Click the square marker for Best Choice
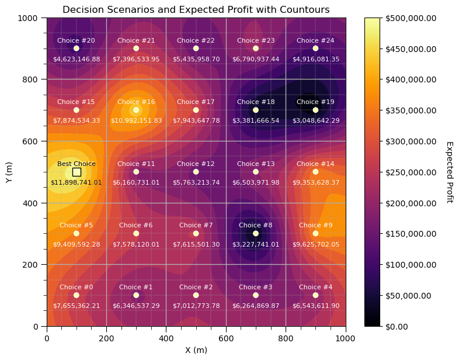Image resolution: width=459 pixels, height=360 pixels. (76, 172)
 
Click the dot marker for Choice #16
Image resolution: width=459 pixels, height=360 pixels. (136, 110)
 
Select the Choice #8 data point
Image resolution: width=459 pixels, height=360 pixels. (256, 233)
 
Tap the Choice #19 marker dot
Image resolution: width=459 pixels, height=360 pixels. (315, 110)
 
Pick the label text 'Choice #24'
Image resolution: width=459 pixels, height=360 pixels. (315, 41)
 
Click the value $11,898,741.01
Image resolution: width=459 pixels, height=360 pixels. (76, 182)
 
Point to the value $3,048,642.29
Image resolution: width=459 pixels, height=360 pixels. (315, 120)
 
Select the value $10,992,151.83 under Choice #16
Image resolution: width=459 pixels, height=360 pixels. (136, 120)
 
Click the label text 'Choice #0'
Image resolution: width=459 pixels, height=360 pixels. (76, 288)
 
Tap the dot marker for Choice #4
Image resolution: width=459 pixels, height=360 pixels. (315, 295)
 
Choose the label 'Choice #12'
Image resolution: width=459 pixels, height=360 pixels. (196, 164)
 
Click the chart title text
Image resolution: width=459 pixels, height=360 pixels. (196, 10)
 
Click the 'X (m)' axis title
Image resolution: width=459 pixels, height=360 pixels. (196, 350)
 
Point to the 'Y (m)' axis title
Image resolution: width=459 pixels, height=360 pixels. (9, 172)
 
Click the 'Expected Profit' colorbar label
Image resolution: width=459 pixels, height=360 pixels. (449, 172)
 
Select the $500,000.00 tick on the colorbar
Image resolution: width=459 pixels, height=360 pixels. (411, 18)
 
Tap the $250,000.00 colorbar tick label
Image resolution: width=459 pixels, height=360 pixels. (411, 172)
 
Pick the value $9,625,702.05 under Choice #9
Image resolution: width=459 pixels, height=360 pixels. (315, 244)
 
